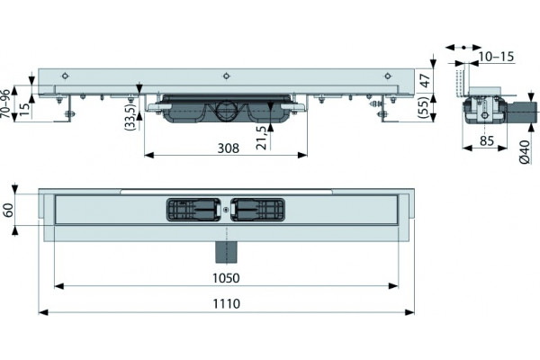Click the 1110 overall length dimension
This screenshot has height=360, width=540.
(x=226, y=303)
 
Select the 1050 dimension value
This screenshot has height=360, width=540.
(x=226, y=278)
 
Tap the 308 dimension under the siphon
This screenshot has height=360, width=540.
(x=228, y=148)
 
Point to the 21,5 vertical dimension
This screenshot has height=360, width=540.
(x=262, y=138)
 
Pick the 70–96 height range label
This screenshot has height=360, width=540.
(x=5, y=104)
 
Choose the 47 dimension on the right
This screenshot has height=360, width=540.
(x=426, y=80)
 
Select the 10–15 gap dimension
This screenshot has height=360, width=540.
(x=496, y=57)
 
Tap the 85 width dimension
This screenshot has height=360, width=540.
(x=487, y=140)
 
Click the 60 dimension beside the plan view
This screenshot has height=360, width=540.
(x=8, y=210)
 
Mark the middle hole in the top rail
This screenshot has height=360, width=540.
(x=226, y=76)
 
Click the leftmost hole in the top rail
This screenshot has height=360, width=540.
(x=65, y=76)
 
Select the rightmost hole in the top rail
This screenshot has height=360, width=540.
(x=388, y=76)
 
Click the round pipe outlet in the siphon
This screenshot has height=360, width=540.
(x=226, y=111)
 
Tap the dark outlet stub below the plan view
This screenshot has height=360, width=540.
(x=226, y=252)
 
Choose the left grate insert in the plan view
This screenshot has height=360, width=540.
(x=193, y=210)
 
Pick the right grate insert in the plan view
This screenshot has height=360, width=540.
(x=258, y=210)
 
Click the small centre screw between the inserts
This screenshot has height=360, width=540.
(x=226, y=209)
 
